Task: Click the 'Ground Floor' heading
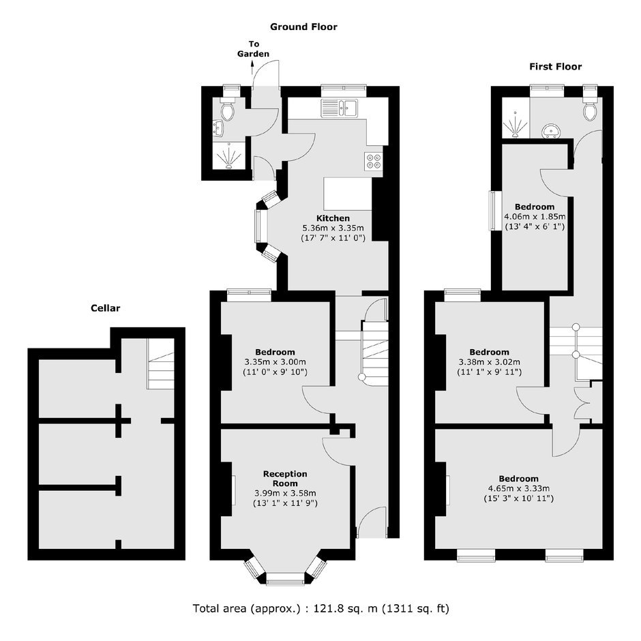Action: coord(303,27)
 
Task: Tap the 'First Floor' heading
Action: coord(555,67)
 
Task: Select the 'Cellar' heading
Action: coord(106,308)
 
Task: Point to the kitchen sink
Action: coord(340,108)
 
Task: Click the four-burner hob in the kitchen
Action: coord(374,161)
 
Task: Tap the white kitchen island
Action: coord(348,194)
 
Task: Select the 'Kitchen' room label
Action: coord(333,218)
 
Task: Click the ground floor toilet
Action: coord(227,108)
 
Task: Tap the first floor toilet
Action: coord(590,108)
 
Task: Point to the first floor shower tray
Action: coord(516,118)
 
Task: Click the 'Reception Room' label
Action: coord(285,479)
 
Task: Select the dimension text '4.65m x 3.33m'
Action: coord(519,488)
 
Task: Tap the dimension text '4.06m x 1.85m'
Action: coord(535,217)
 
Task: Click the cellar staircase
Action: coord(161,364)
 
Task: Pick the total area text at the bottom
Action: coord(321,609)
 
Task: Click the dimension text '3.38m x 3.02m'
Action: coord(490,362)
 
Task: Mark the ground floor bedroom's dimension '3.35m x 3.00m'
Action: coord(275,362)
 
